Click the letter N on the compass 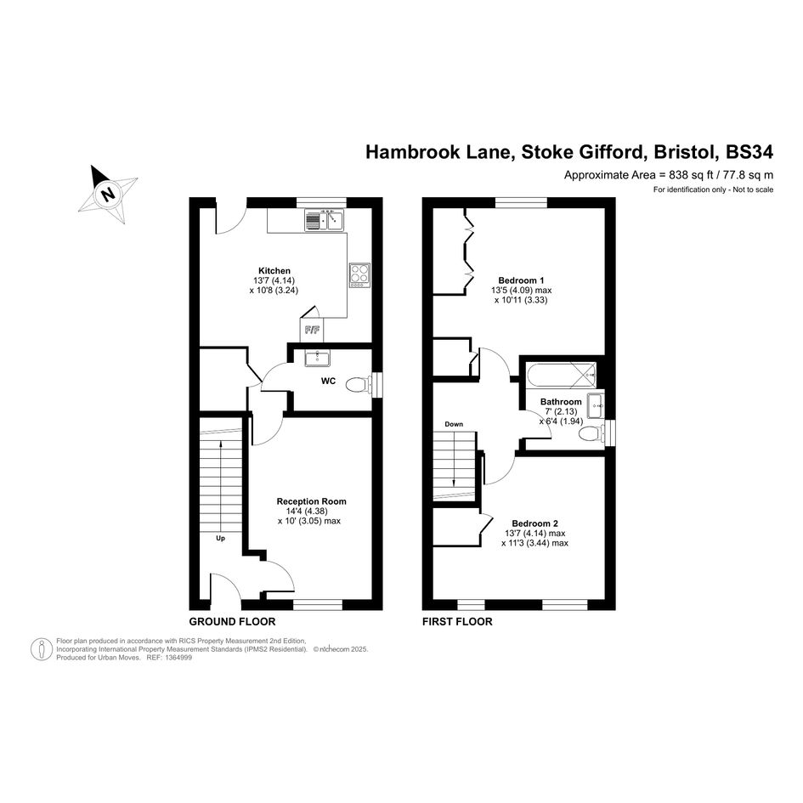click(107, 195)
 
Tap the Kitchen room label click(274, 271)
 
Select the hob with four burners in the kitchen click(359, 275)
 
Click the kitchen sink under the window click(324, 221)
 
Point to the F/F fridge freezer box click(312, 331)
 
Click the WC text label click(328, 381)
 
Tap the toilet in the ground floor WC click(359, 385)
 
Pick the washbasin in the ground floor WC click(318, 358)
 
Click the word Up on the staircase click(220, 538)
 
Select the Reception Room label click(311, 501)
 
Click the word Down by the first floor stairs click(454, 424)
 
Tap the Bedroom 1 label click(521, 280)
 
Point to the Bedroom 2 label click(534, 523)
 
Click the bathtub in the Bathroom click(562, 375)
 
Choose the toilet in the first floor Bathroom click(591, 434)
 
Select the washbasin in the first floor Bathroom click(596, 405)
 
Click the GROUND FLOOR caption click(232, 622)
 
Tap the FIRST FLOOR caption click(457, 622)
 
